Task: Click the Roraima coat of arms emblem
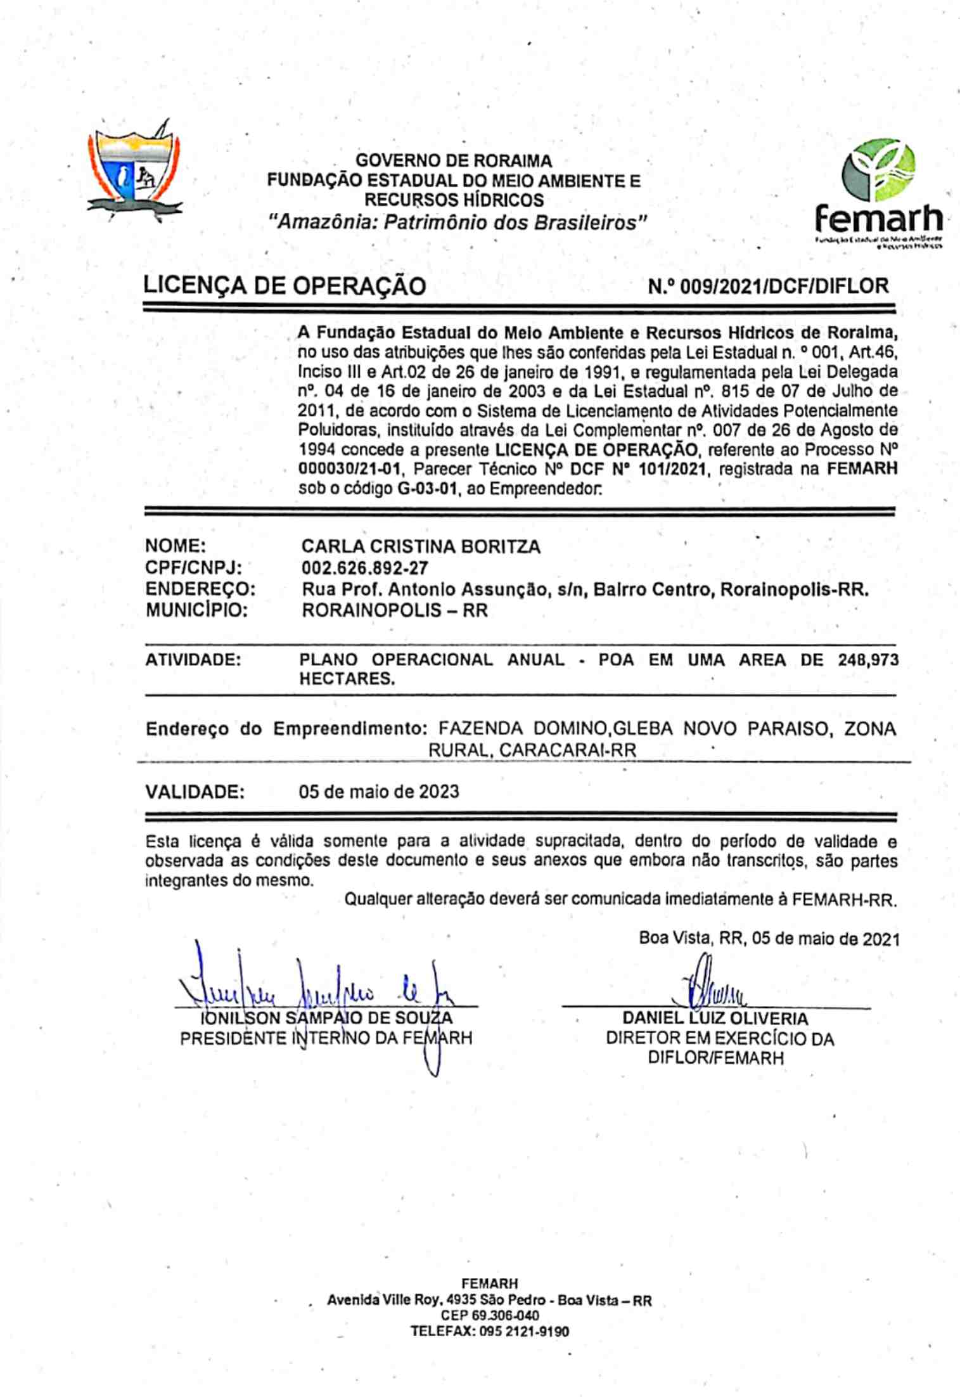pyautogui.click(x=135, y=171)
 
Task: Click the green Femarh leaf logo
pyautogui.click(x=878, y=171)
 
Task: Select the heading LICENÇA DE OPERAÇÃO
pyautogui.click(x=285, y=286)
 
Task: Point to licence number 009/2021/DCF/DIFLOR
pyautogui.click(x=768, y=286)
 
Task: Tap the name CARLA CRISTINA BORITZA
pyautogui.click(x=421, y=546)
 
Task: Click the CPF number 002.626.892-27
pyautogui.click(x=364, y=568)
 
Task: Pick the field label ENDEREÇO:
pyautogui.click(x=200, y=589)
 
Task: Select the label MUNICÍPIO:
pyautogui.click(x=196, y=610)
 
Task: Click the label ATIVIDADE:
pyautogui.click(x=193, y=660)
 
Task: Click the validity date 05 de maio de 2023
pyautogui.click(x=379, y=792)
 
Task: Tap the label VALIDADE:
pyautogui.click(x=195, y=792)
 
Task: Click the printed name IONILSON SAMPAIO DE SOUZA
pyautogui.click(x=326, y=1019)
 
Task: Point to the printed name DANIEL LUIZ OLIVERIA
pyautogui.click(x=715, y=1019)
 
